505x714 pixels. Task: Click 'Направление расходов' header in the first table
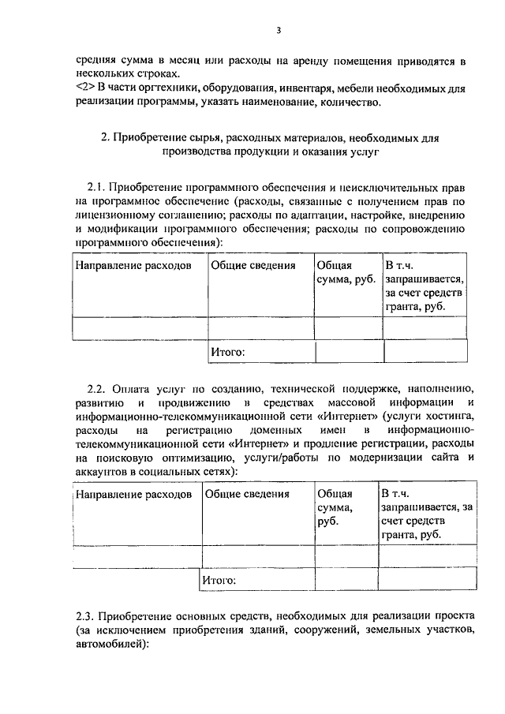pos(133,266)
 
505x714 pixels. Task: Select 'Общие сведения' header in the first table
pos(252,266)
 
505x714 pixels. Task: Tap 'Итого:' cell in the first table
pos(227,352)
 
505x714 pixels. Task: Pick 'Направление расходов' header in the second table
pos(133,495)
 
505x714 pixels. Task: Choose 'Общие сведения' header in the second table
pos(247,495)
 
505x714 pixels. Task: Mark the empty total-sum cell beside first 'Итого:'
pos(349,352)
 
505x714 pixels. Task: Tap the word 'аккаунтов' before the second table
pos(107,472)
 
